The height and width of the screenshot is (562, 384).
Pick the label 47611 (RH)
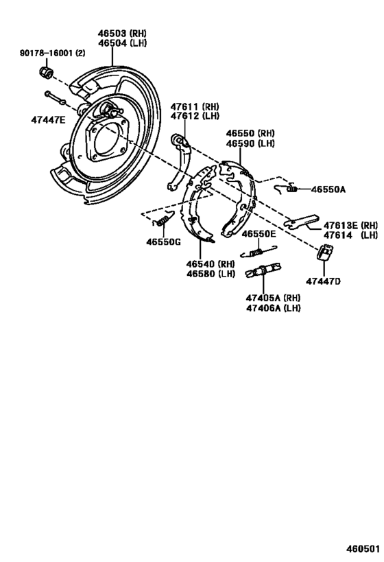point(194,106)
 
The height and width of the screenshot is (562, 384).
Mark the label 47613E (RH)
point(350,225)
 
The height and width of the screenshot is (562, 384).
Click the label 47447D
point(324,281)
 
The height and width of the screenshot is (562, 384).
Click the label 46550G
point(163,241)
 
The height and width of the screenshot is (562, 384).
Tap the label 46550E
point(258,234)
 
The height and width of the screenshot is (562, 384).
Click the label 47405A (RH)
point(274,298)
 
